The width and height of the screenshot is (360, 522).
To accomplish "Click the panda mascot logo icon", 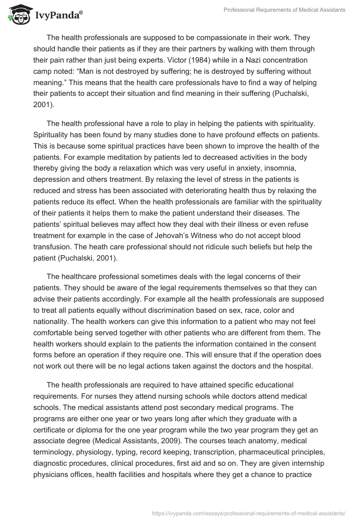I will click(x=17, y=14).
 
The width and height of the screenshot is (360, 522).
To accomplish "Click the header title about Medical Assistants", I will click(x=284, y=10).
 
